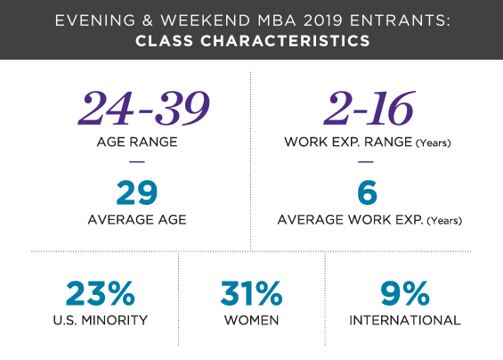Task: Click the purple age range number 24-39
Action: pyautogui.click(x=144, y=108)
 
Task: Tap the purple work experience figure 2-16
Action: pyautogui.click(x=369, y=108)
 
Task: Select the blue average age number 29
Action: pyautogui.click(x=137, y=192)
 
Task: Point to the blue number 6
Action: pyautogui.click(x=368, y=192)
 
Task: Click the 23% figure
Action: pyautogui.click(x=101, y=293)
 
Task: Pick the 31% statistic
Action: pyautogui.click(x=251, y=293)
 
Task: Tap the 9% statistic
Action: pyautogui.click(x=405, y=293)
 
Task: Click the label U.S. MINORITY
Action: pyautogui.click(x=101, y=321)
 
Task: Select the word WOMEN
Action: pyautogui.click(x=251, y=321)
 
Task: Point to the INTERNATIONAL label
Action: pyautogui.click(x=405, y=321)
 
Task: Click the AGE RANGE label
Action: pyautogui.click(x=137, y=142)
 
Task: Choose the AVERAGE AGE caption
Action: pyautogui.click(x=137, y=220)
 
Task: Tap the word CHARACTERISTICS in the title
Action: pyautogui.click(x=285, y=41)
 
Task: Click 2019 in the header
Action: pyautogui.click(x=322, y=20)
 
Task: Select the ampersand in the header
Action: pyautogui.click(x=148, y=20)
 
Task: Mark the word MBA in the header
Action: pyautogui.click(x=277, y=20)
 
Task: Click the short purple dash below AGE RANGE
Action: pyautogui.click(x=137, y=162)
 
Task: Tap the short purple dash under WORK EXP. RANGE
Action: pyautogui.click(x=366, y=162)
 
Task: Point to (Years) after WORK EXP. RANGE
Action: pyautogui.click(x=434, y=143)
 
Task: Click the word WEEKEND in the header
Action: pyautogui.click(x=206, y=20)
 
